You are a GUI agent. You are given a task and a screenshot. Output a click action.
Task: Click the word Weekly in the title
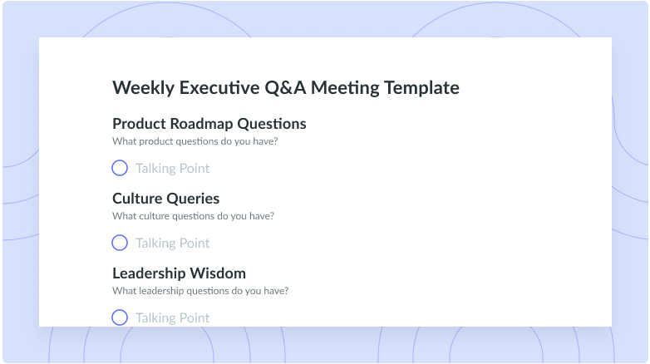click(144, 88)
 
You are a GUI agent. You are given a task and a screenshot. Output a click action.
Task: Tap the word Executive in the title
click(219, 87)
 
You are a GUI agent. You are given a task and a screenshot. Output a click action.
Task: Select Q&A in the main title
click(285, 87)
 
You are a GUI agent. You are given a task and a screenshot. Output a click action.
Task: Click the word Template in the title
click(421, 88)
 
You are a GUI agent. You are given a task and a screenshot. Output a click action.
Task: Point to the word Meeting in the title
click(345, 88)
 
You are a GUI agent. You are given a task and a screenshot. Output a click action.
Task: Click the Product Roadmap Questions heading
click(209, 124)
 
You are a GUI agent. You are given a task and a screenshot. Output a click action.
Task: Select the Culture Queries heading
click(165, 199)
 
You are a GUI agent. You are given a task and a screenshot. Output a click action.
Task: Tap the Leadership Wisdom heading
click(179, 273)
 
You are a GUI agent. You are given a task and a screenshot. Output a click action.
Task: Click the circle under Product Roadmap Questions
click(120, 160)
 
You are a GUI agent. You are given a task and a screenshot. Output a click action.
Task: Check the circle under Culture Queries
click(120, 235)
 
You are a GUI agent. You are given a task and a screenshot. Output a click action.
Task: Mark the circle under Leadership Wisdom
click(120, 310)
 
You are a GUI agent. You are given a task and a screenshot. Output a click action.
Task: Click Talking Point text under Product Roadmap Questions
click(172, 169)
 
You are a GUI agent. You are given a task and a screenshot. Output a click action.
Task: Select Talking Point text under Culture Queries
click(172, 243)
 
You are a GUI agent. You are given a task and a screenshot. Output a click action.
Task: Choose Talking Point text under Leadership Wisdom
click(172, 318)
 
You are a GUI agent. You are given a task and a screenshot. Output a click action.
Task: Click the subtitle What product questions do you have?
click(195, 141)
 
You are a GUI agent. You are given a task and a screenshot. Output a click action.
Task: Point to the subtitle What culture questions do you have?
click(193, 216)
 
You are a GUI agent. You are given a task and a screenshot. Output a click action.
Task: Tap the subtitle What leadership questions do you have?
click(200, 291)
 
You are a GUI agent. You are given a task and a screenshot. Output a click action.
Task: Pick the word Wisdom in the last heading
click(218, 273)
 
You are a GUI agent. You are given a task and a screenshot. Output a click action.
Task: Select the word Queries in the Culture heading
click(193, 199)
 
